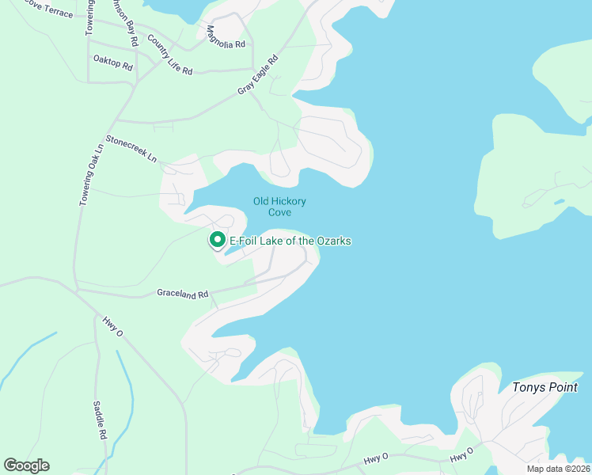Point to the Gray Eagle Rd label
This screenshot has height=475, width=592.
pos(259,75)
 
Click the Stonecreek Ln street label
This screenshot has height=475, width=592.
pos(131,148)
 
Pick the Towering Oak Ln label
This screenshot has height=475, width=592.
pos(91,175)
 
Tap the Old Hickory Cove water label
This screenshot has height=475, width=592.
pos(279,207)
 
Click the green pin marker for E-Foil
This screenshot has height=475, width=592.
pos(217,238)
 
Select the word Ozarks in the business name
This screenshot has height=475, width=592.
pos(332,241)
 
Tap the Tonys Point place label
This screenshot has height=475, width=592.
pos(547,387)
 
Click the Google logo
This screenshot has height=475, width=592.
pos(26,465)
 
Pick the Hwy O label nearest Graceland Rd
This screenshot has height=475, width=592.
pos(113,328)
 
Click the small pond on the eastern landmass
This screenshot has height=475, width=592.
pos(560,201)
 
